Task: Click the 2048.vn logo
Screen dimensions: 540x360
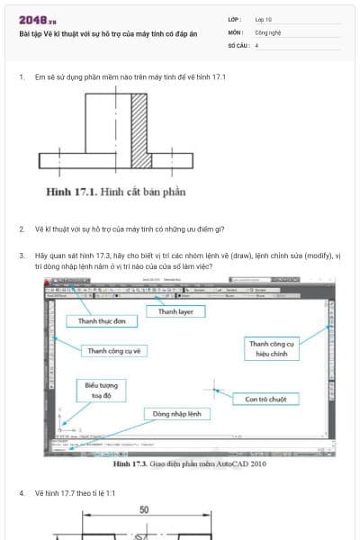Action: point(37,19)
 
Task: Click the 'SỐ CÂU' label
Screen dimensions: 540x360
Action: point(237,44)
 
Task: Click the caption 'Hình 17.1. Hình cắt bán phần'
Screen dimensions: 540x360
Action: point(115,192)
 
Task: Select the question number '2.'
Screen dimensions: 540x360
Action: point(22,229)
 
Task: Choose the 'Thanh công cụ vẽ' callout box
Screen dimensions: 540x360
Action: point(113,350)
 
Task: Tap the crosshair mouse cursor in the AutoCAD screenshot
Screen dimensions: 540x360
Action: point(215,390)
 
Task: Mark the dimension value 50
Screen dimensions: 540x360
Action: point(143,510)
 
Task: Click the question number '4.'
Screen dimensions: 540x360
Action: point(22,493)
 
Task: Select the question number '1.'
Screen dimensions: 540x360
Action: point(22,77)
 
